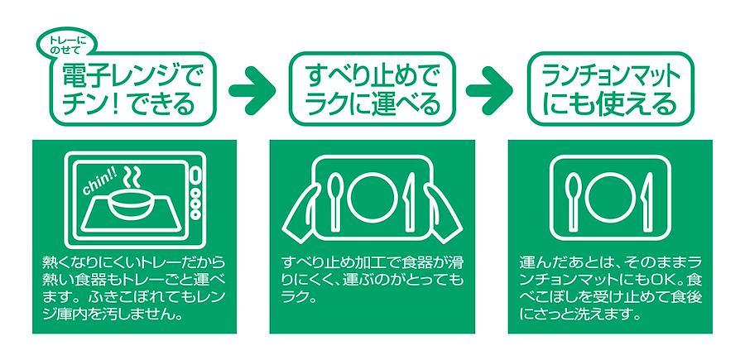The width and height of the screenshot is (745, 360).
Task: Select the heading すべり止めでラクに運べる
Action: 372,89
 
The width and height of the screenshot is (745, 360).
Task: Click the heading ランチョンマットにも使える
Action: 610,89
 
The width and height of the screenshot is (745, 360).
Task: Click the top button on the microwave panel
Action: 195,175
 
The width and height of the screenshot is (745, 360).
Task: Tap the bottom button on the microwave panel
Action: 195,214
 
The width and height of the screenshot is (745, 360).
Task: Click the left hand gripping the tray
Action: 303,213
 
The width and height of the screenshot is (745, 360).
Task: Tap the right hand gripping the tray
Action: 442,213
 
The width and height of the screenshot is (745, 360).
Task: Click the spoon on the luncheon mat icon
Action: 574,199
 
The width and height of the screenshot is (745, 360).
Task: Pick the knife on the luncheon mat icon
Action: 647,199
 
